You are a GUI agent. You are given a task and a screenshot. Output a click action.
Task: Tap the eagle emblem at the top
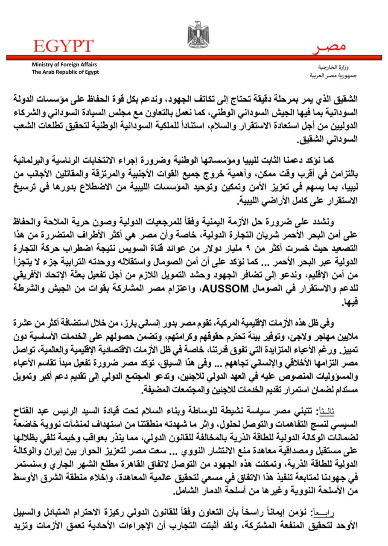pos(198,34)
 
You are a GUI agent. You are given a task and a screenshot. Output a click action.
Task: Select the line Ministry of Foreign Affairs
pos(64,64)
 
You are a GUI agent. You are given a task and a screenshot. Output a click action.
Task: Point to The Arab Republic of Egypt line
pos(65,72)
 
